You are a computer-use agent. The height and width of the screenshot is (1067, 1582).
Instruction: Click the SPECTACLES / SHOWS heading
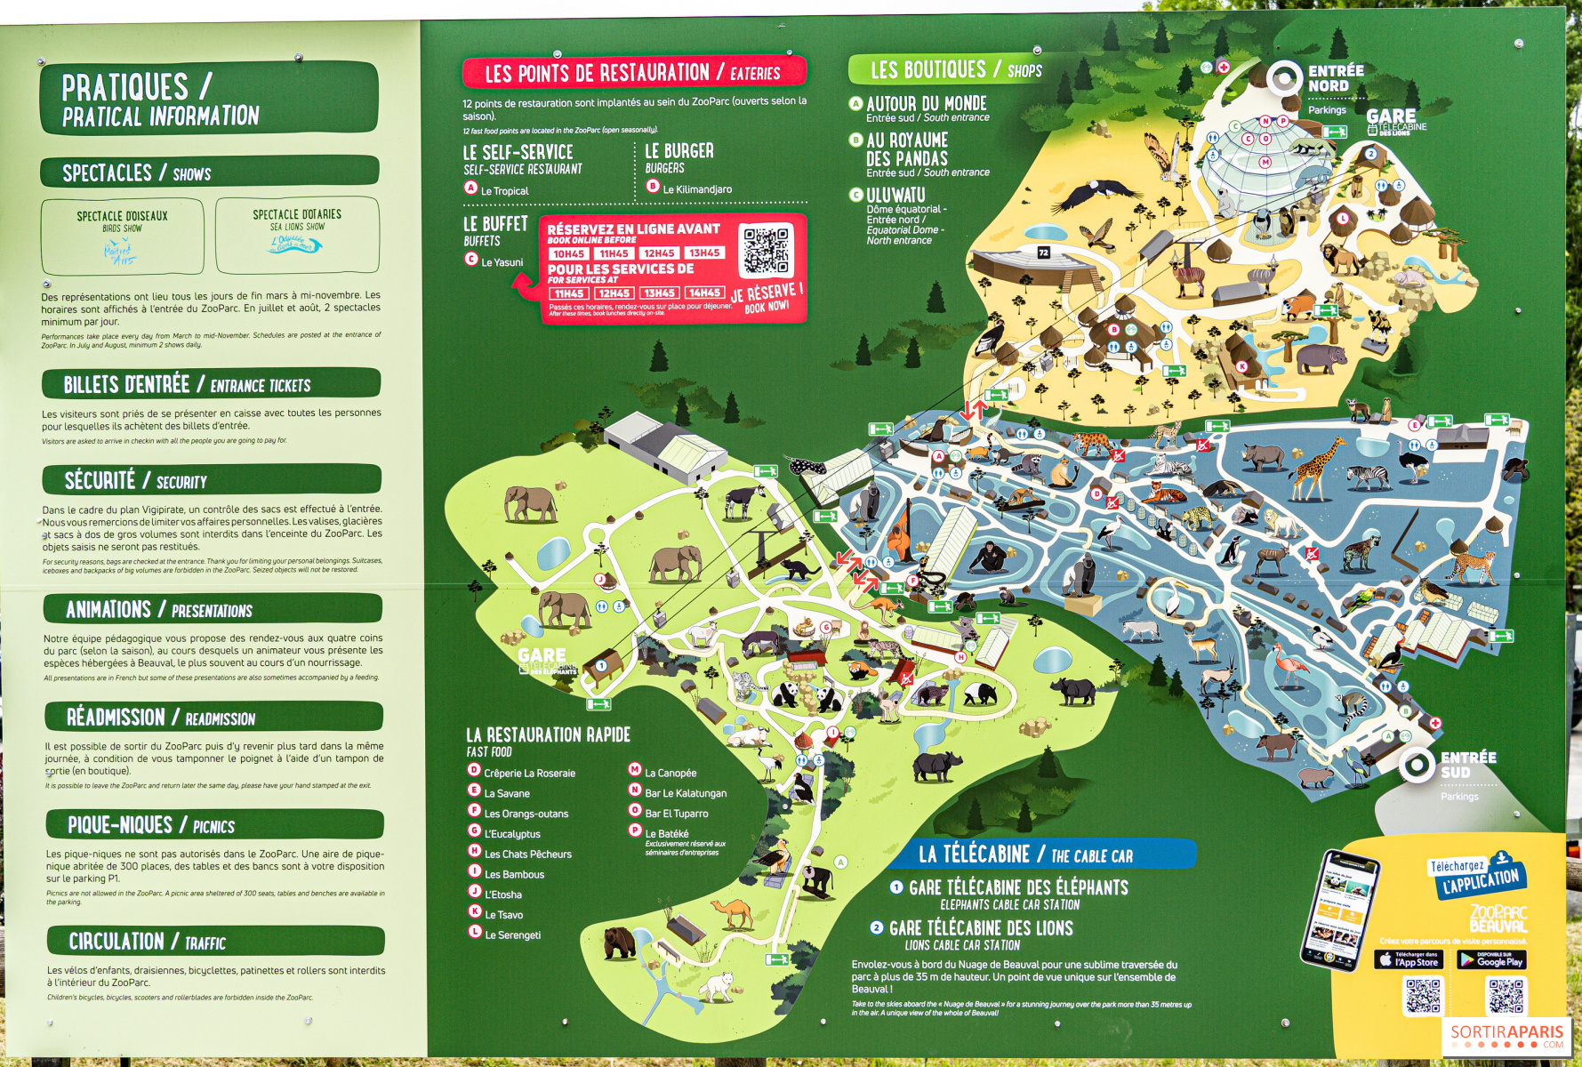pyautogui.click(x=137, y=172)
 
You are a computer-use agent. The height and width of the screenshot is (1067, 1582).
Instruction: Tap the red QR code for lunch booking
pyautogui.click(x=766, y=251)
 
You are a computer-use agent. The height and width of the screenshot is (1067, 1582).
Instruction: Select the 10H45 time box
pyautogui.click(x=568, y=253)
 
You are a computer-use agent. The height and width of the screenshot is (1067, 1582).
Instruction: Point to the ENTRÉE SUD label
pyautogui.click(x=1467, y=765)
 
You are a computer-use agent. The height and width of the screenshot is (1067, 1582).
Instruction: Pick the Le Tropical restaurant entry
pyautogui.click(x=504, y=190)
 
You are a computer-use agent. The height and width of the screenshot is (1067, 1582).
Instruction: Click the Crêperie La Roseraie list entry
pyautogui.click(x=529, y=773)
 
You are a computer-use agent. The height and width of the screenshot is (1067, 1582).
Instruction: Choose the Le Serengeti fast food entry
pyautogui.click(x=512, y=935)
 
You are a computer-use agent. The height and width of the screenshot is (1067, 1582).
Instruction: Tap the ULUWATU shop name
pyautogui.click(x=895, y=195)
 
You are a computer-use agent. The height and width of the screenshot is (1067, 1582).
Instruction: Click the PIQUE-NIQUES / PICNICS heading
pyautogui.click(x=151, y=825)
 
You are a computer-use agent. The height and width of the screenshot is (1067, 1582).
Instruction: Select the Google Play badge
pyautogui.click(x=1491, y=959)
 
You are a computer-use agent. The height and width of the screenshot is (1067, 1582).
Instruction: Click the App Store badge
pyautogui.click(x=1409, y=959)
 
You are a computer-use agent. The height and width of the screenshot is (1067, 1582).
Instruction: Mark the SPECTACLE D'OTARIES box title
pyautogui.click(x=296, y=214)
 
